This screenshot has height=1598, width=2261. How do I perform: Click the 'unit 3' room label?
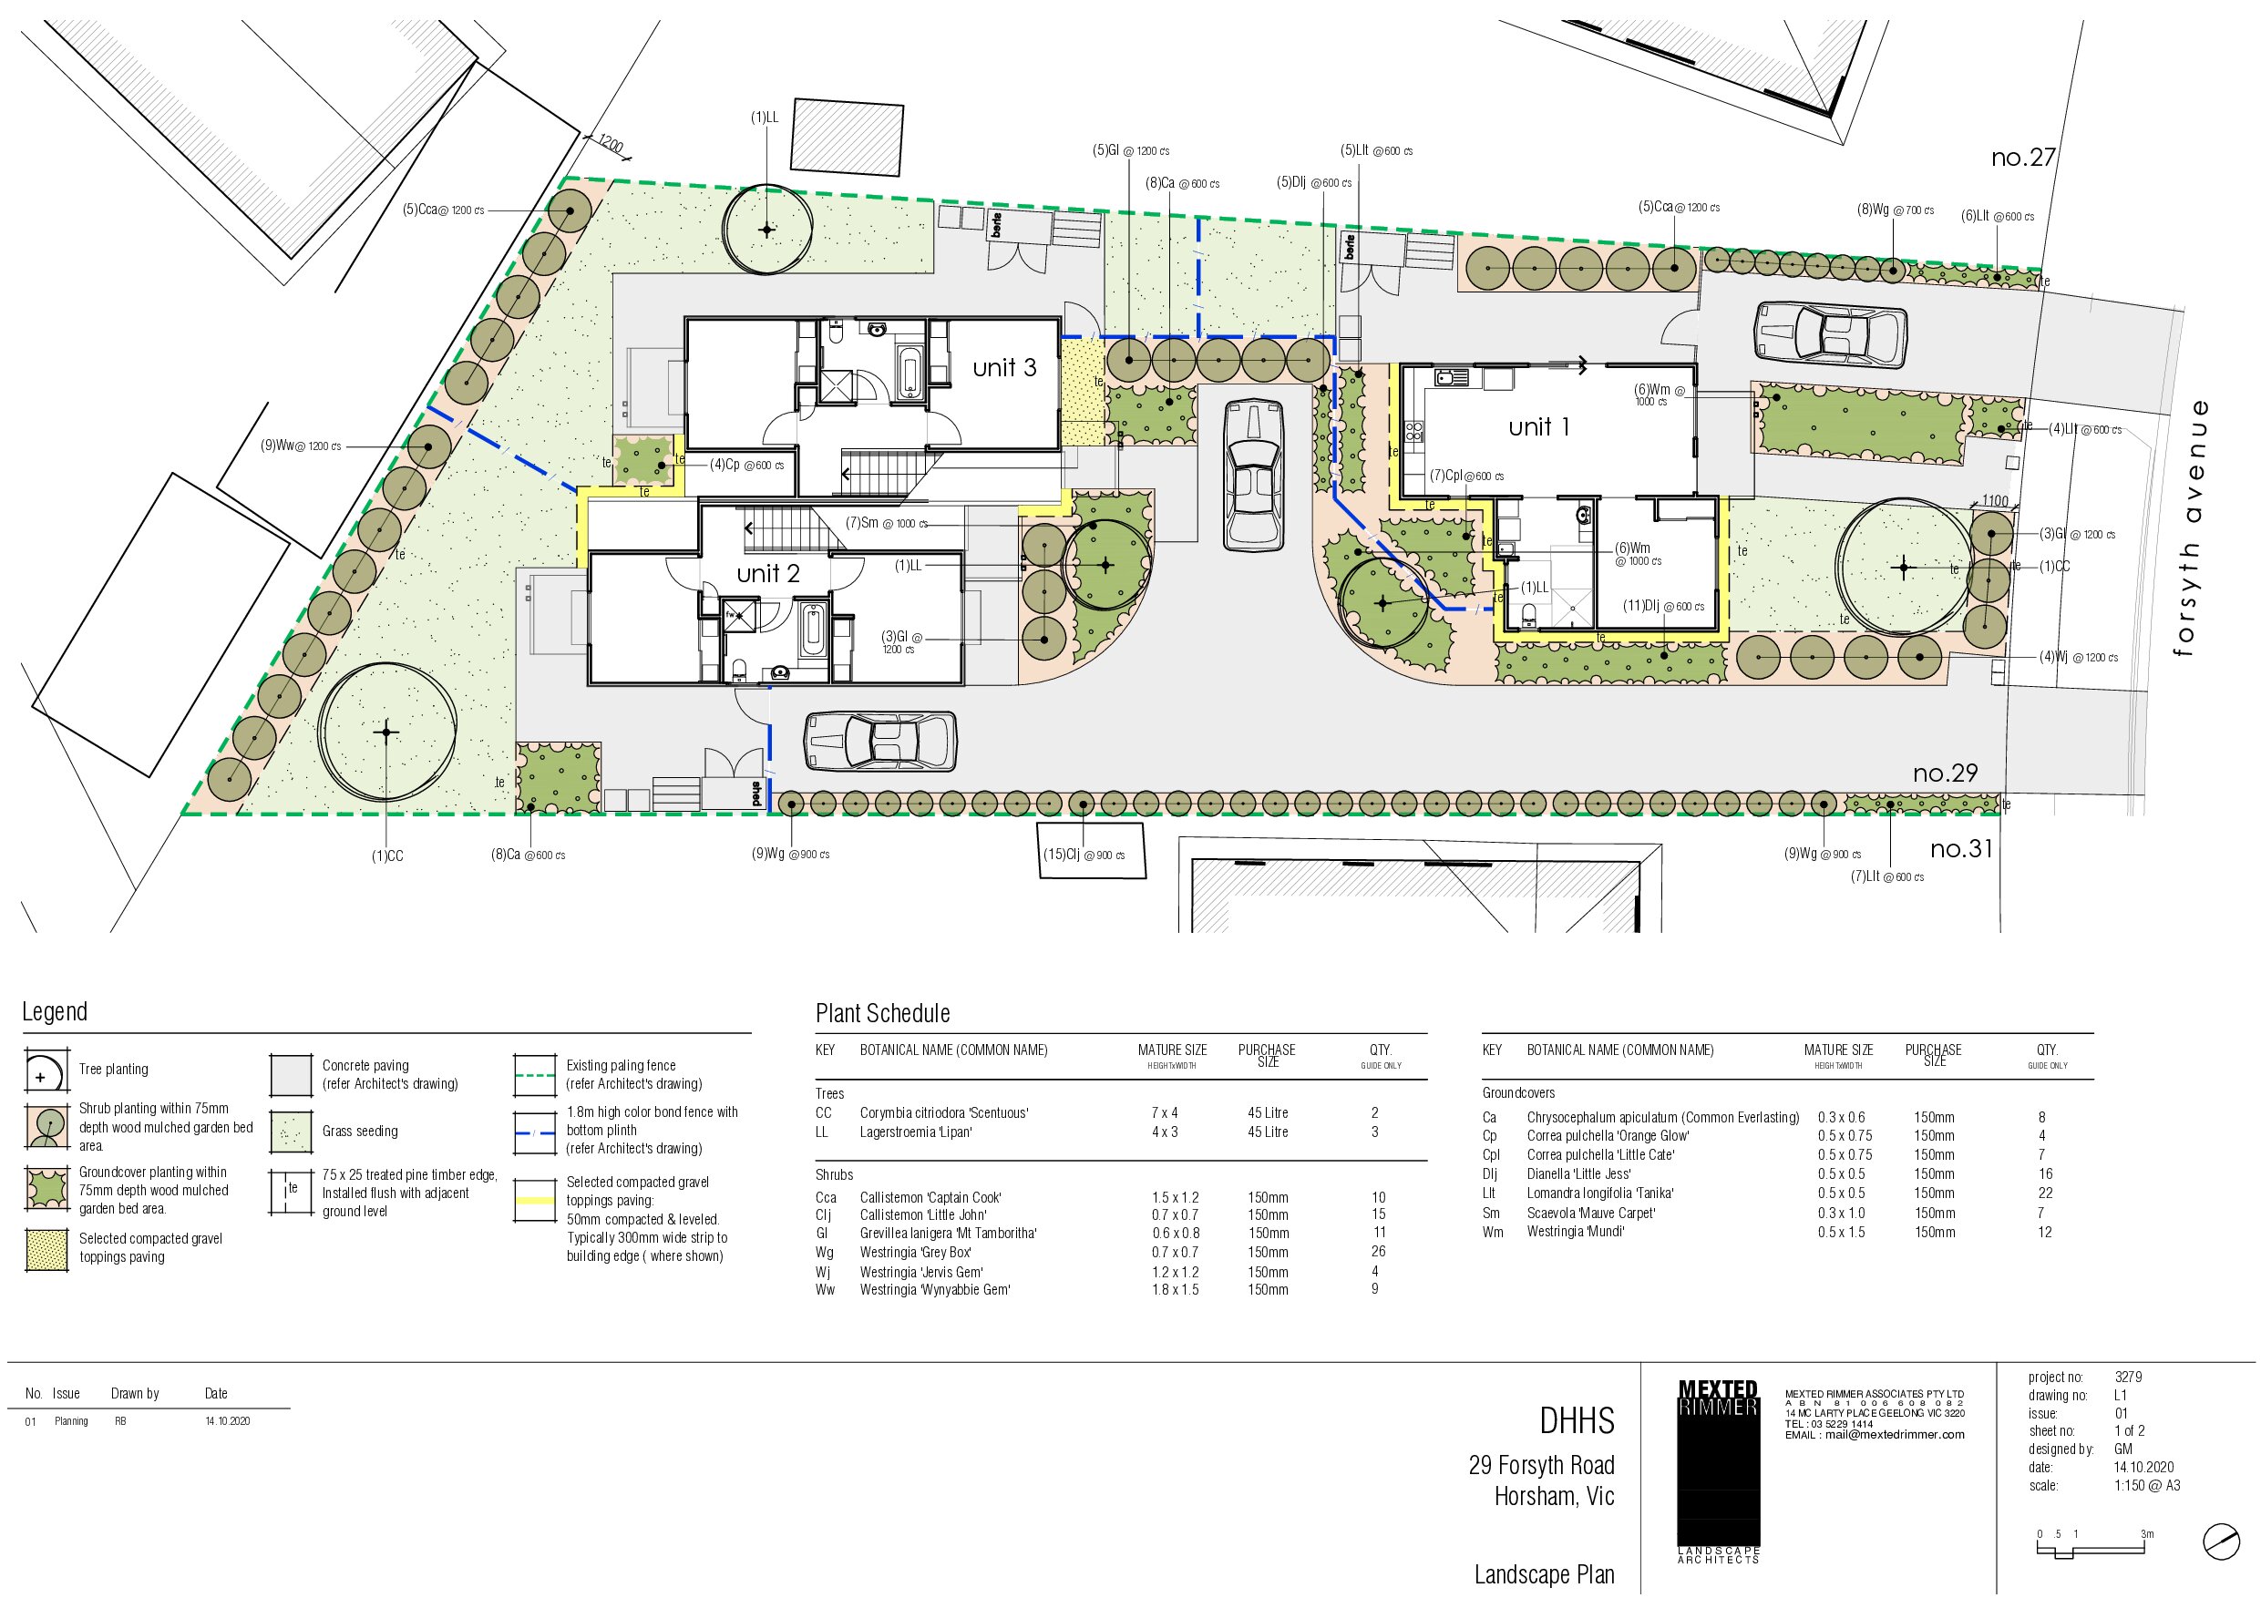tap(1004, 367)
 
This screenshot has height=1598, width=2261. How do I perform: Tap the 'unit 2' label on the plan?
tap(768, 573)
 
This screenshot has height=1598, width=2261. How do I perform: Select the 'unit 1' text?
tap(1539, 426)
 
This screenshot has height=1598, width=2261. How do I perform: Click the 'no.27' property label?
tap(2023, 158)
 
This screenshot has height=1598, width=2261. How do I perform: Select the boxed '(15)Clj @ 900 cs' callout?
tap(1091, 850)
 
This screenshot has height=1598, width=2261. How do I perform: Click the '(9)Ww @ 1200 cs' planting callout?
tap(301, 446)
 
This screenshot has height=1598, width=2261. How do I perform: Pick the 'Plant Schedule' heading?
tap(882, 1013)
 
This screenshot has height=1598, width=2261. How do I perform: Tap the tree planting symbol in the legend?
tap(46, 1070)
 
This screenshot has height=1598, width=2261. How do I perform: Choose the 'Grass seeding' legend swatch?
tap(291, 1132)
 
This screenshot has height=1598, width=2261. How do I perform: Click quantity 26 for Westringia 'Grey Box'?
tap(1378, 1252)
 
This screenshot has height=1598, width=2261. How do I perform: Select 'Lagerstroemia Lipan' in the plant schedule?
tap(916, 1132)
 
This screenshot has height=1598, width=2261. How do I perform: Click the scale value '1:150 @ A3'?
tap(2147, 1485)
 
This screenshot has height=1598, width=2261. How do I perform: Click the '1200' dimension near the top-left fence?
tap(611, 145)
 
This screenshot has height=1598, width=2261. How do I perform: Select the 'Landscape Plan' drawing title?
tap(1544, 1574)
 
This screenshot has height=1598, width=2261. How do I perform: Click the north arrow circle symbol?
tap(2221, 1541)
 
